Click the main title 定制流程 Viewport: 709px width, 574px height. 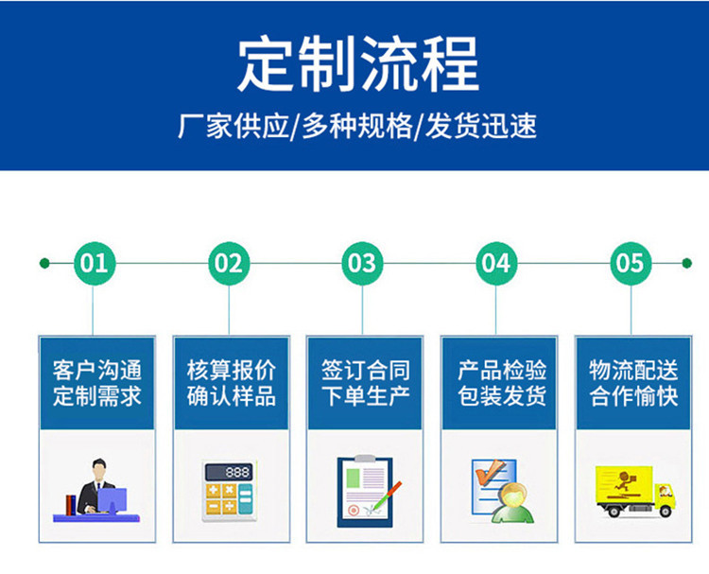357,63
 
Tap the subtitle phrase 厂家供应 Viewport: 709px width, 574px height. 233,126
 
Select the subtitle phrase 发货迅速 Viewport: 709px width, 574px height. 481,126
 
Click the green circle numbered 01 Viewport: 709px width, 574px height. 95,263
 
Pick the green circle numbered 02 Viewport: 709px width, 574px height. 229,263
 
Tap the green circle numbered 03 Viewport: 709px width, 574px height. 362,263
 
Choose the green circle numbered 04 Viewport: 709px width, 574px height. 496,263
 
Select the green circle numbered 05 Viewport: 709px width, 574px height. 631,263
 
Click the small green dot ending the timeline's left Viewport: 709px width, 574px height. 44,263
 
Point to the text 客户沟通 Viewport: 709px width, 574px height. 97,370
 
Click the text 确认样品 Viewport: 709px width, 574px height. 231,396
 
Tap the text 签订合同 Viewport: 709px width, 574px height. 365,370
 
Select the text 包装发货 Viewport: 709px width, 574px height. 502,396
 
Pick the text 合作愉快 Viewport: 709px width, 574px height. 633,396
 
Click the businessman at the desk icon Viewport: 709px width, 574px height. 96,491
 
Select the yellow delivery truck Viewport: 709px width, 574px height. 636,492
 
